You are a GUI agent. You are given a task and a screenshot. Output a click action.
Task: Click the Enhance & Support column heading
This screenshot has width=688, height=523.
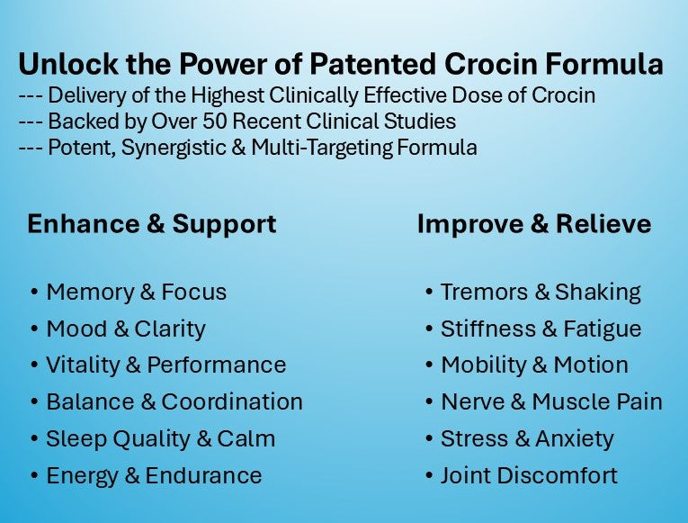point(151,224)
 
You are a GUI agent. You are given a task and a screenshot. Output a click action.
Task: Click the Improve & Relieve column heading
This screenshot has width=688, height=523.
point(534,224)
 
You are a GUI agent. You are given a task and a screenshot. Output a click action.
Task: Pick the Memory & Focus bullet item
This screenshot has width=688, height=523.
point(136,293)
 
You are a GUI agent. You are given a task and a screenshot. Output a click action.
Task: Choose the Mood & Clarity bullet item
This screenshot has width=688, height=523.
point(125,329)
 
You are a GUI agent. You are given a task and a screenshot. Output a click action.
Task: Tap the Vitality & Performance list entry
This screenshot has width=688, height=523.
point(165,365)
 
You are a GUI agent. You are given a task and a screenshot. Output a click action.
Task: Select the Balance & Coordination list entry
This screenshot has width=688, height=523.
point(174,402)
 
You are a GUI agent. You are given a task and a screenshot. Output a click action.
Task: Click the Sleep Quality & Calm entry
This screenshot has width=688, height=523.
point(160,439)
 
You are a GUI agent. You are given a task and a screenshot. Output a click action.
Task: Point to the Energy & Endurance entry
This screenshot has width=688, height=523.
point(154,475)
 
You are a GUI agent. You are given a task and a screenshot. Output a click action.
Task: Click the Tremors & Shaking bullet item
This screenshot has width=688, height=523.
point(540,293)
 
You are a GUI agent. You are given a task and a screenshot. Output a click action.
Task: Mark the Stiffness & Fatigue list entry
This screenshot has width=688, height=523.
point(541,329)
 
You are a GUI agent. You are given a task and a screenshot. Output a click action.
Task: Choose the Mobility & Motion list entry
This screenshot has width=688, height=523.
point(534,365)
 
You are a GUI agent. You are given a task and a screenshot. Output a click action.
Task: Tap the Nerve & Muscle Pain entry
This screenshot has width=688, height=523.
point(550,402)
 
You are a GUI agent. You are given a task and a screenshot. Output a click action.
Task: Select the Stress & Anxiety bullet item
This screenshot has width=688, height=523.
point(526,439)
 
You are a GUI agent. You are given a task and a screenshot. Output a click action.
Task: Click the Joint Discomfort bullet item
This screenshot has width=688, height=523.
point(529,475)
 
